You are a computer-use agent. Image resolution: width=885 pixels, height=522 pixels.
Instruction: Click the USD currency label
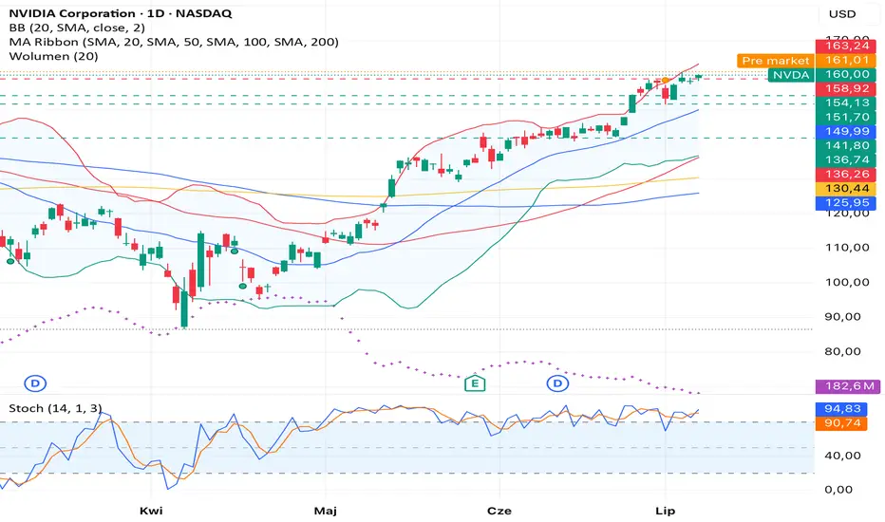point(841,14)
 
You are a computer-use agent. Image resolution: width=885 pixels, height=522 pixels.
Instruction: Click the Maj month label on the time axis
point(326,511)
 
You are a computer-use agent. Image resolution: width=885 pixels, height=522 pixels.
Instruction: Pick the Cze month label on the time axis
point(500,511)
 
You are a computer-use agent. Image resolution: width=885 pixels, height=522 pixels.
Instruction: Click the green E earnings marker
point(475,384)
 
